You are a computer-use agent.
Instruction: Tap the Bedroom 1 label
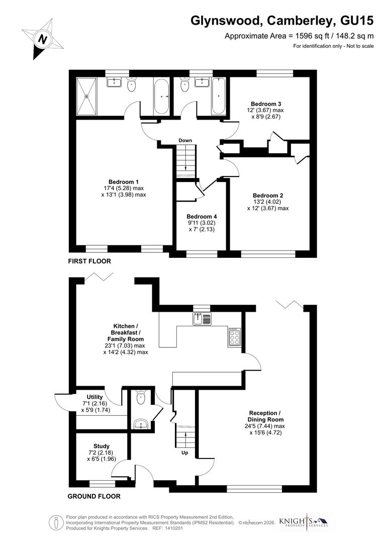(x=124, y=182)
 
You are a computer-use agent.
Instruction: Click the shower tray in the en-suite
(x=88, y=96)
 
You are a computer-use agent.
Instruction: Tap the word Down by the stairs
(x=185, y=140)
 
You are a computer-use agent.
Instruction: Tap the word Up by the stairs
(x=185, y=452)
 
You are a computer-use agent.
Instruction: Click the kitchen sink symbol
(x=203, y=318)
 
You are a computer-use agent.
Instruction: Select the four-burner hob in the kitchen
(x=235, y=337)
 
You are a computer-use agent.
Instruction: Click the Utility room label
(x=94, y=397)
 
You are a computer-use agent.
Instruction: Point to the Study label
(x=101, y=446)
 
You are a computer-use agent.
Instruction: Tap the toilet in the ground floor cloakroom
(x=141, y=399)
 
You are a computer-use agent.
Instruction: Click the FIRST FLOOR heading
(x=89, y=261)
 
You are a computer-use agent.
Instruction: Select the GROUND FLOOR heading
(x=94, y=496)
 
